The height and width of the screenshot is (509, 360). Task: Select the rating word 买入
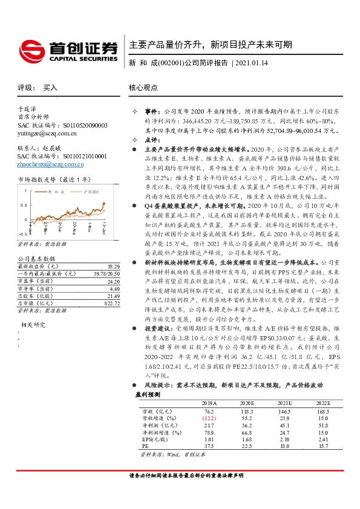coord(50,88)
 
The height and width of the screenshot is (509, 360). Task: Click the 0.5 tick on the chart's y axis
coord(22,204)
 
